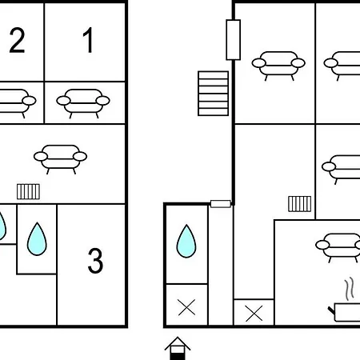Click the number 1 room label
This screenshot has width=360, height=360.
pos(88,40)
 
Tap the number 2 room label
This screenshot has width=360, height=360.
pos(17,40)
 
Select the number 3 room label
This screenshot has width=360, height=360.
pos(95,261)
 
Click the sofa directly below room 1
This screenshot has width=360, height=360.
pos(83,103)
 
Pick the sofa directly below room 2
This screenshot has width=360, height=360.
pos(16,103)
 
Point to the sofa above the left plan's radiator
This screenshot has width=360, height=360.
pos(60,159)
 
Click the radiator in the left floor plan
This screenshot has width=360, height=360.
pos(28,191)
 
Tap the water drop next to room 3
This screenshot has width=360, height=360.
pos(37,239)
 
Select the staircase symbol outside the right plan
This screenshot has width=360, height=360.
pos(213,94)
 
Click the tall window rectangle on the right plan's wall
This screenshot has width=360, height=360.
pos(234,40)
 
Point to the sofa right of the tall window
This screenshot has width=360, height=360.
pos(278,66)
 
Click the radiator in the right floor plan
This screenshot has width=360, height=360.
pos(299,204)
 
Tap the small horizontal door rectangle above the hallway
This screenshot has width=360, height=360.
pos(221,204)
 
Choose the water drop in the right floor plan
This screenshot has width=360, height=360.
pos(186,241)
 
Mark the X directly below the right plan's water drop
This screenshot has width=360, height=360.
pos(186,307)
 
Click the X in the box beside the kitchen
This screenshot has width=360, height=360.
pos(254,313)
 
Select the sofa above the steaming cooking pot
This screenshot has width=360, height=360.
pos(338,248)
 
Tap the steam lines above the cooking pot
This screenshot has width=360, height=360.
pos(350,289)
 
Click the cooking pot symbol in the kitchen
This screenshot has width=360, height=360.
pos(346,312)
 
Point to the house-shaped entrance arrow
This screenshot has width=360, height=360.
pos(178,348)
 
